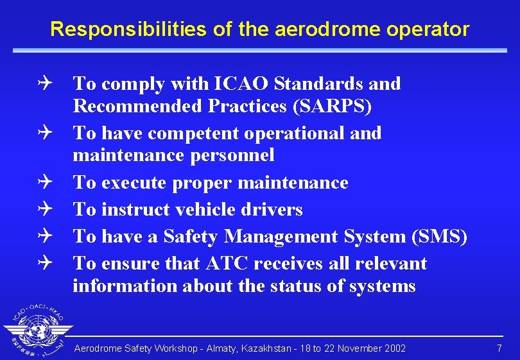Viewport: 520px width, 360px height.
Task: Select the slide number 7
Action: click(499, 348)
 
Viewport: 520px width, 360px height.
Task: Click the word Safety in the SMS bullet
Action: click(191, 236)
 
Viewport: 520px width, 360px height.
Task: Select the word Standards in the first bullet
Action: click(320, 83)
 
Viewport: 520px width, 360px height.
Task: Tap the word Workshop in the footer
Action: click(174, 348)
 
